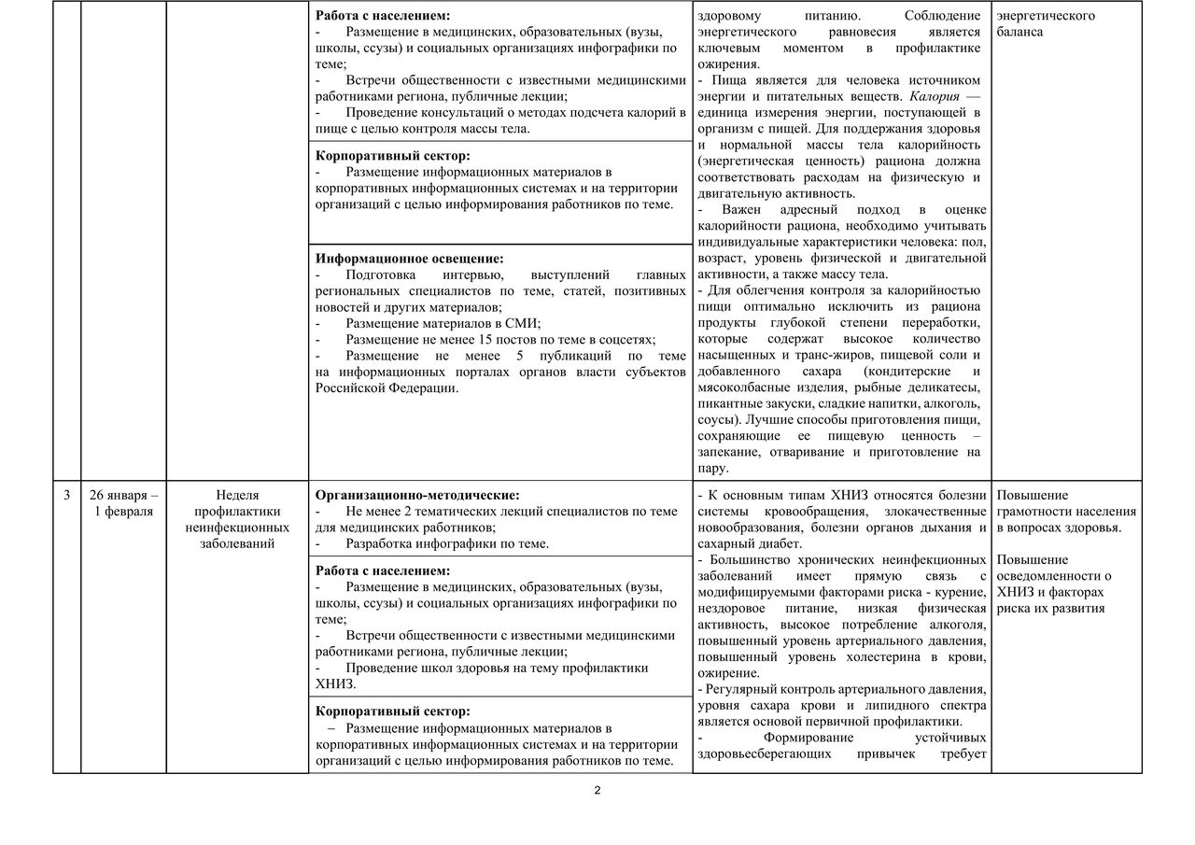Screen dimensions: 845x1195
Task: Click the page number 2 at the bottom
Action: click(597, 791)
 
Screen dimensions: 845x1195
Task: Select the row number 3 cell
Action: click(66, 495)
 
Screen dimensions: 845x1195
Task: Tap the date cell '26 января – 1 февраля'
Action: click(123, 503)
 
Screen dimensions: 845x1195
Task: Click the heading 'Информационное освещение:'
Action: click(409, 258)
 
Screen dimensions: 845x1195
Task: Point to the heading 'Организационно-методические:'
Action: click(417, 495)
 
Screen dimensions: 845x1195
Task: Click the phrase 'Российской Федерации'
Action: click(387, 388)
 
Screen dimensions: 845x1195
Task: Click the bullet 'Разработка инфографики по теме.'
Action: click(446, 543)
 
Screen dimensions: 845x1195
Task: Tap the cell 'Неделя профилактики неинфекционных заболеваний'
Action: click(237, 519)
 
